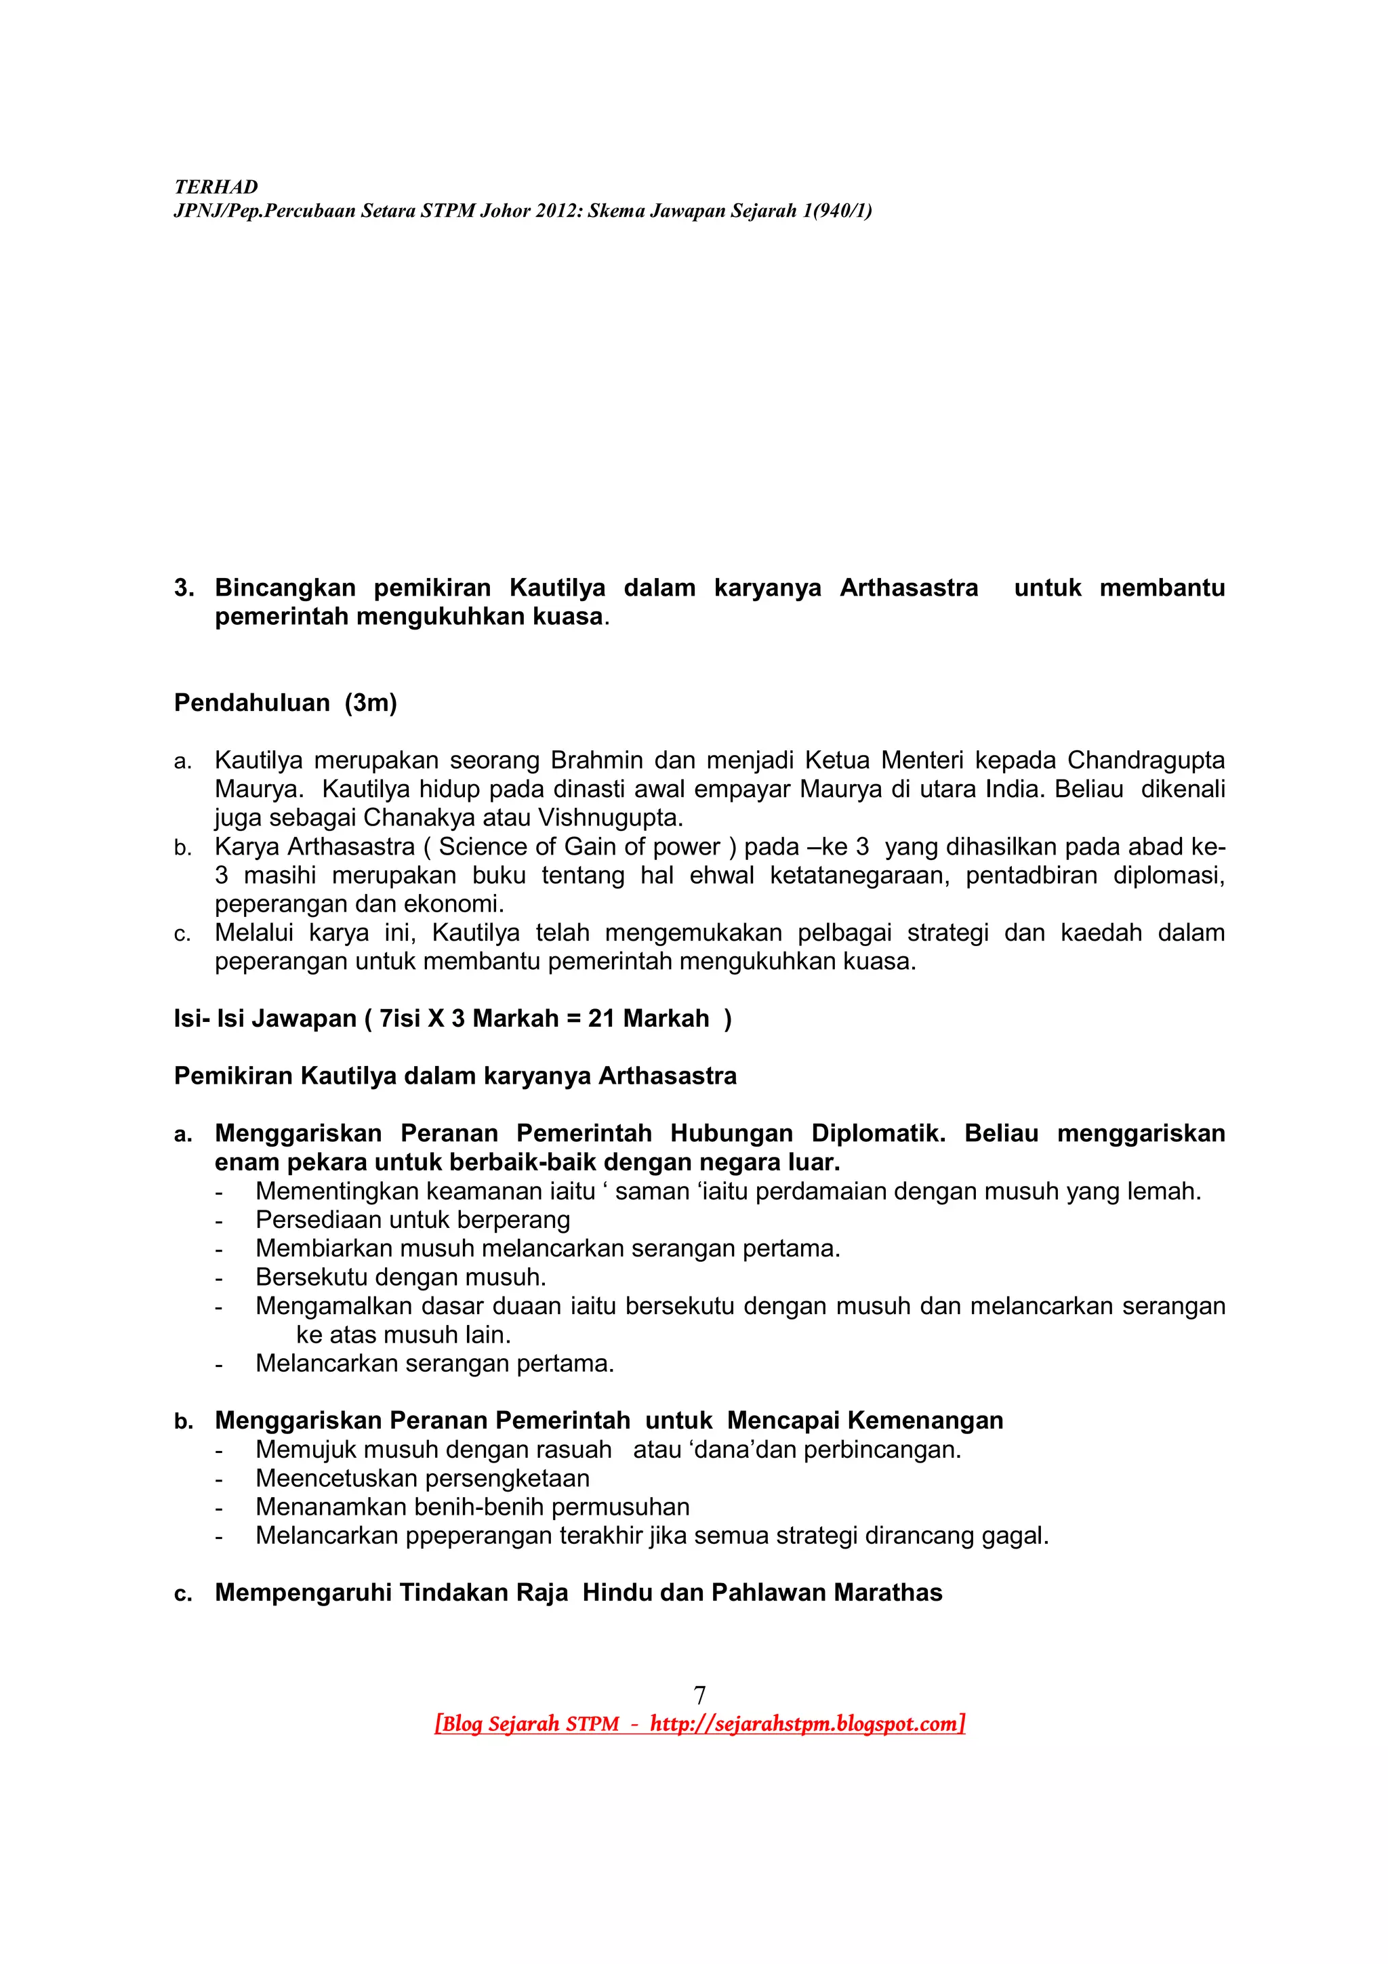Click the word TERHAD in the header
216,186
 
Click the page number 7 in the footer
699,1694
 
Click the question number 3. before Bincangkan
184,588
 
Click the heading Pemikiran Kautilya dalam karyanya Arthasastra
455,1076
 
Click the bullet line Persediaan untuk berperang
412,1219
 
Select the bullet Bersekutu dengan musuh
401,1277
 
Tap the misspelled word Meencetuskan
338,1477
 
